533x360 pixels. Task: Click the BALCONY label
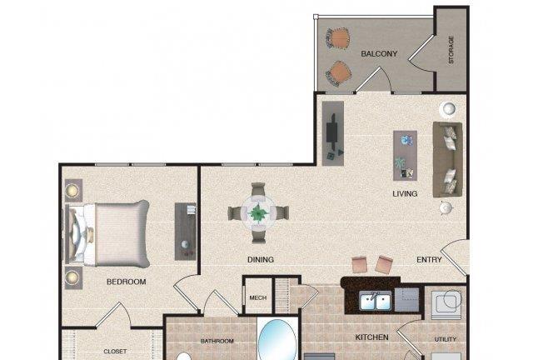point(379,54)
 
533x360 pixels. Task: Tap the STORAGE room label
point(451,50)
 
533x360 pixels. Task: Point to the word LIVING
point(405,193)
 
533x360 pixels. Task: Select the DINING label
point(261,260)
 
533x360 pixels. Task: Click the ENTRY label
point(429,260)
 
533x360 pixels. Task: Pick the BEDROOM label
point(126,282)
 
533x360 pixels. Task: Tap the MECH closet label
point(258,297)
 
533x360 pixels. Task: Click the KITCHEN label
point(372,337)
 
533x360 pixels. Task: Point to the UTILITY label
point(446,339)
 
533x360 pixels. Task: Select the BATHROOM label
point(217,341)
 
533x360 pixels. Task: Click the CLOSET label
point(115,351)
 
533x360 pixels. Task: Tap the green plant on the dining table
point(258,213)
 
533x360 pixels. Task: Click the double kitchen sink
point(375,301)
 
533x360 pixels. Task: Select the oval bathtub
point(277,340)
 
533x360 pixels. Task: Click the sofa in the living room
point(447,160)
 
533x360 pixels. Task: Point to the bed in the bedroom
point(107,233)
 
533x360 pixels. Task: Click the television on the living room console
point(331,132)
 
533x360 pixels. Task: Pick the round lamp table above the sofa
point(448,109)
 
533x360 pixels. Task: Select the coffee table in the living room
point(406,155)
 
